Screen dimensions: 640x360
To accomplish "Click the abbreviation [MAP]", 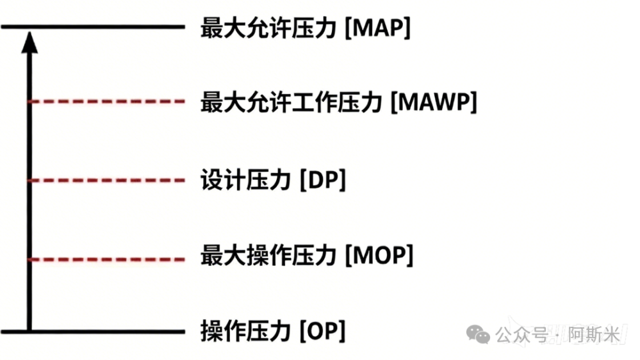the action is (x=377, y=28).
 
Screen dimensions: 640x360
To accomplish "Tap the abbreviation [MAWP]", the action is (x=434, y=102).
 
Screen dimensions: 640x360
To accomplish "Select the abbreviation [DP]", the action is (x=323, y=179).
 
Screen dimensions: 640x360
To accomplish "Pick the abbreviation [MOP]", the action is (x=379, y=256).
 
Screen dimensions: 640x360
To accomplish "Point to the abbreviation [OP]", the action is (x=322, y=331).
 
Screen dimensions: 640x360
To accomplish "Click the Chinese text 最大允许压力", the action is (x=268, y=28).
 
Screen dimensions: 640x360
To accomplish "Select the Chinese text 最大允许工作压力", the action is (x=291, y=102).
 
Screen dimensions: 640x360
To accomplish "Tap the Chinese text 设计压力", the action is (x=245, y=179).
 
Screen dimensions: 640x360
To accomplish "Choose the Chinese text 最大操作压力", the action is (x=268, y=256).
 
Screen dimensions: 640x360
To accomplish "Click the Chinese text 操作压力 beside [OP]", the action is (x=245, y=331).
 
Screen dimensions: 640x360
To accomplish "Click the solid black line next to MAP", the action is (x=93, y=27).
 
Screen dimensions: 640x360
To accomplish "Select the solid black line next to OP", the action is (x=93, y=332).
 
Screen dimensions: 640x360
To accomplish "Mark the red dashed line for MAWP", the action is (x=107, y=101).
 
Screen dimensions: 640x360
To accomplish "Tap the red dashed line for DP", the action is (x=107, y=180).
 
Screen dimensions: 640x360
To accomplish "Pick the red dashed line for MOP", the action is (x=107, y=259).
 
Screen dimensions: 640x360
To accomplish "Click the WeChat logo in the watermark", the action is (x=478, y=334).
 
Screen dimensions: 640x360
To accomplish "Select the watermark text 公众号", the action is (x=522, y=335).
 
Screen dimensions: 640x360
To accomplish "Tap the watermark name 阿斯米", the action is (x=594, y=335).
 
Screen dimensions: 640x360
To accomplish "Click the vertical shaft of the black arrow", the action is (x=29, y=191).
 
